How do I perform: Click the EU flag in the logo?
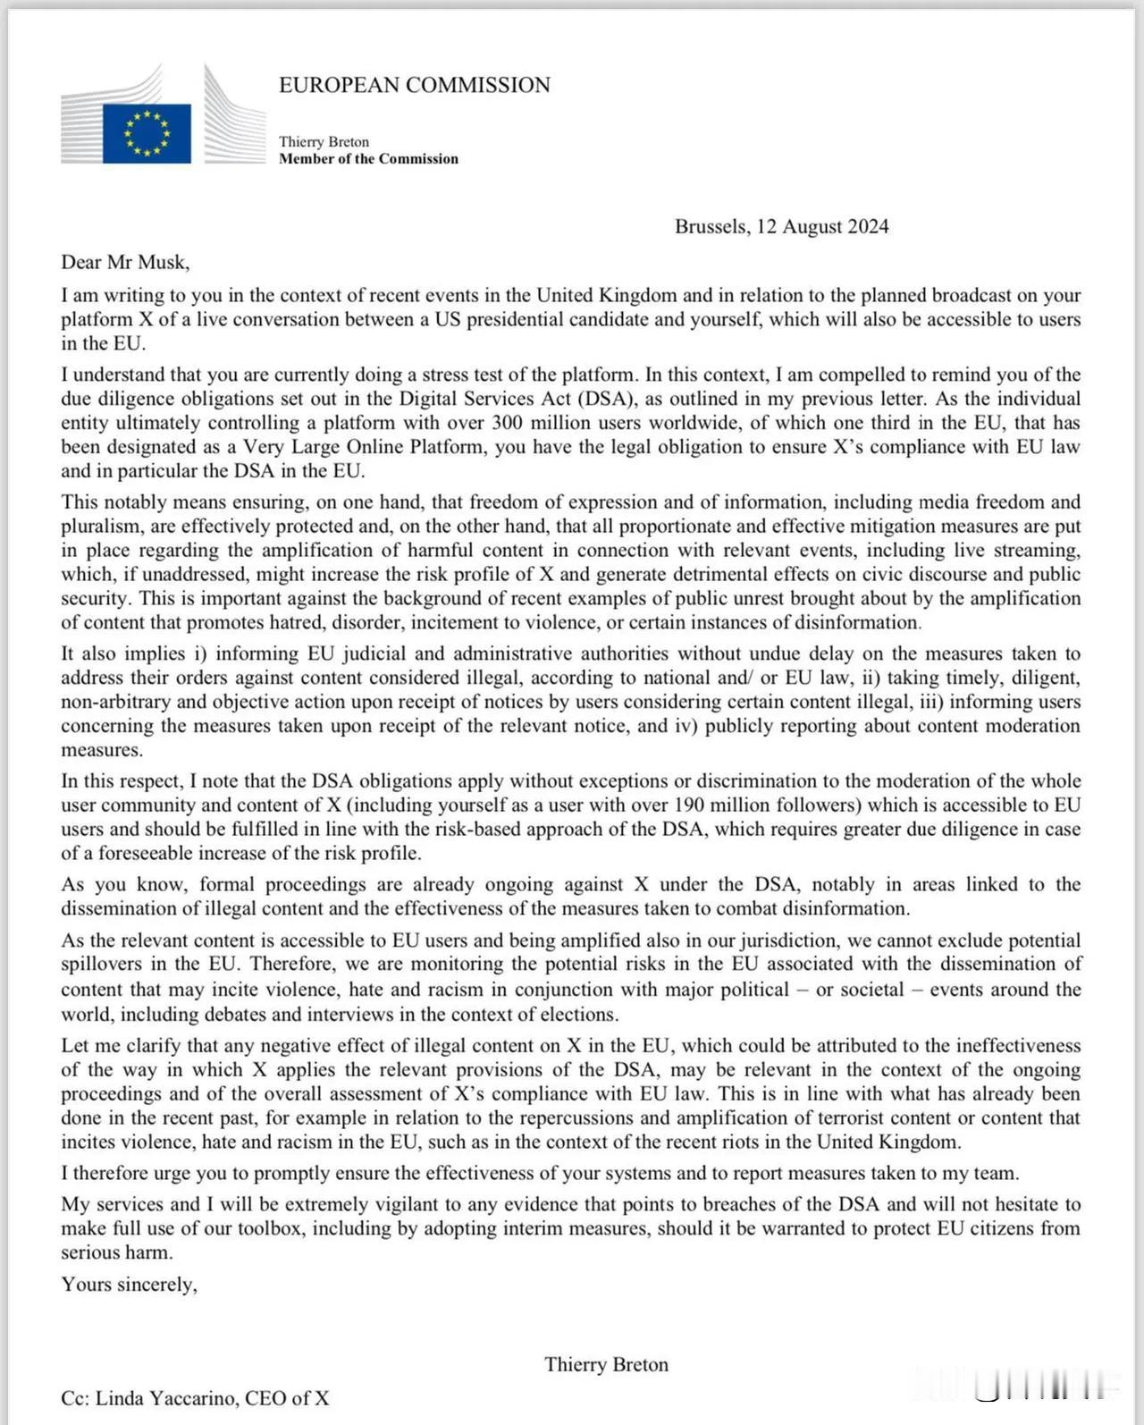(x=147, y=133)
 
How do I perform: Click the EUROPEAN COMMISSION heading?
(x=415, y=85)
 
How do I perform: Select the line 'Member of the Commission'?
(x=368, y=159)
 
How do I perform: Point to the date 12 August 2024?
(x=822, y=226)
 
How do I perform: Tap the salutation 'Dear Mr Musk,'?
(x=125, y=262)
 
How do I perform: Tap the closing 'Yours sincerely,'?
(x=129, y=1285)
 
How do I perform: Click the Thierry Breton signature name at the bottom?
(x=606, y=1364)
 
